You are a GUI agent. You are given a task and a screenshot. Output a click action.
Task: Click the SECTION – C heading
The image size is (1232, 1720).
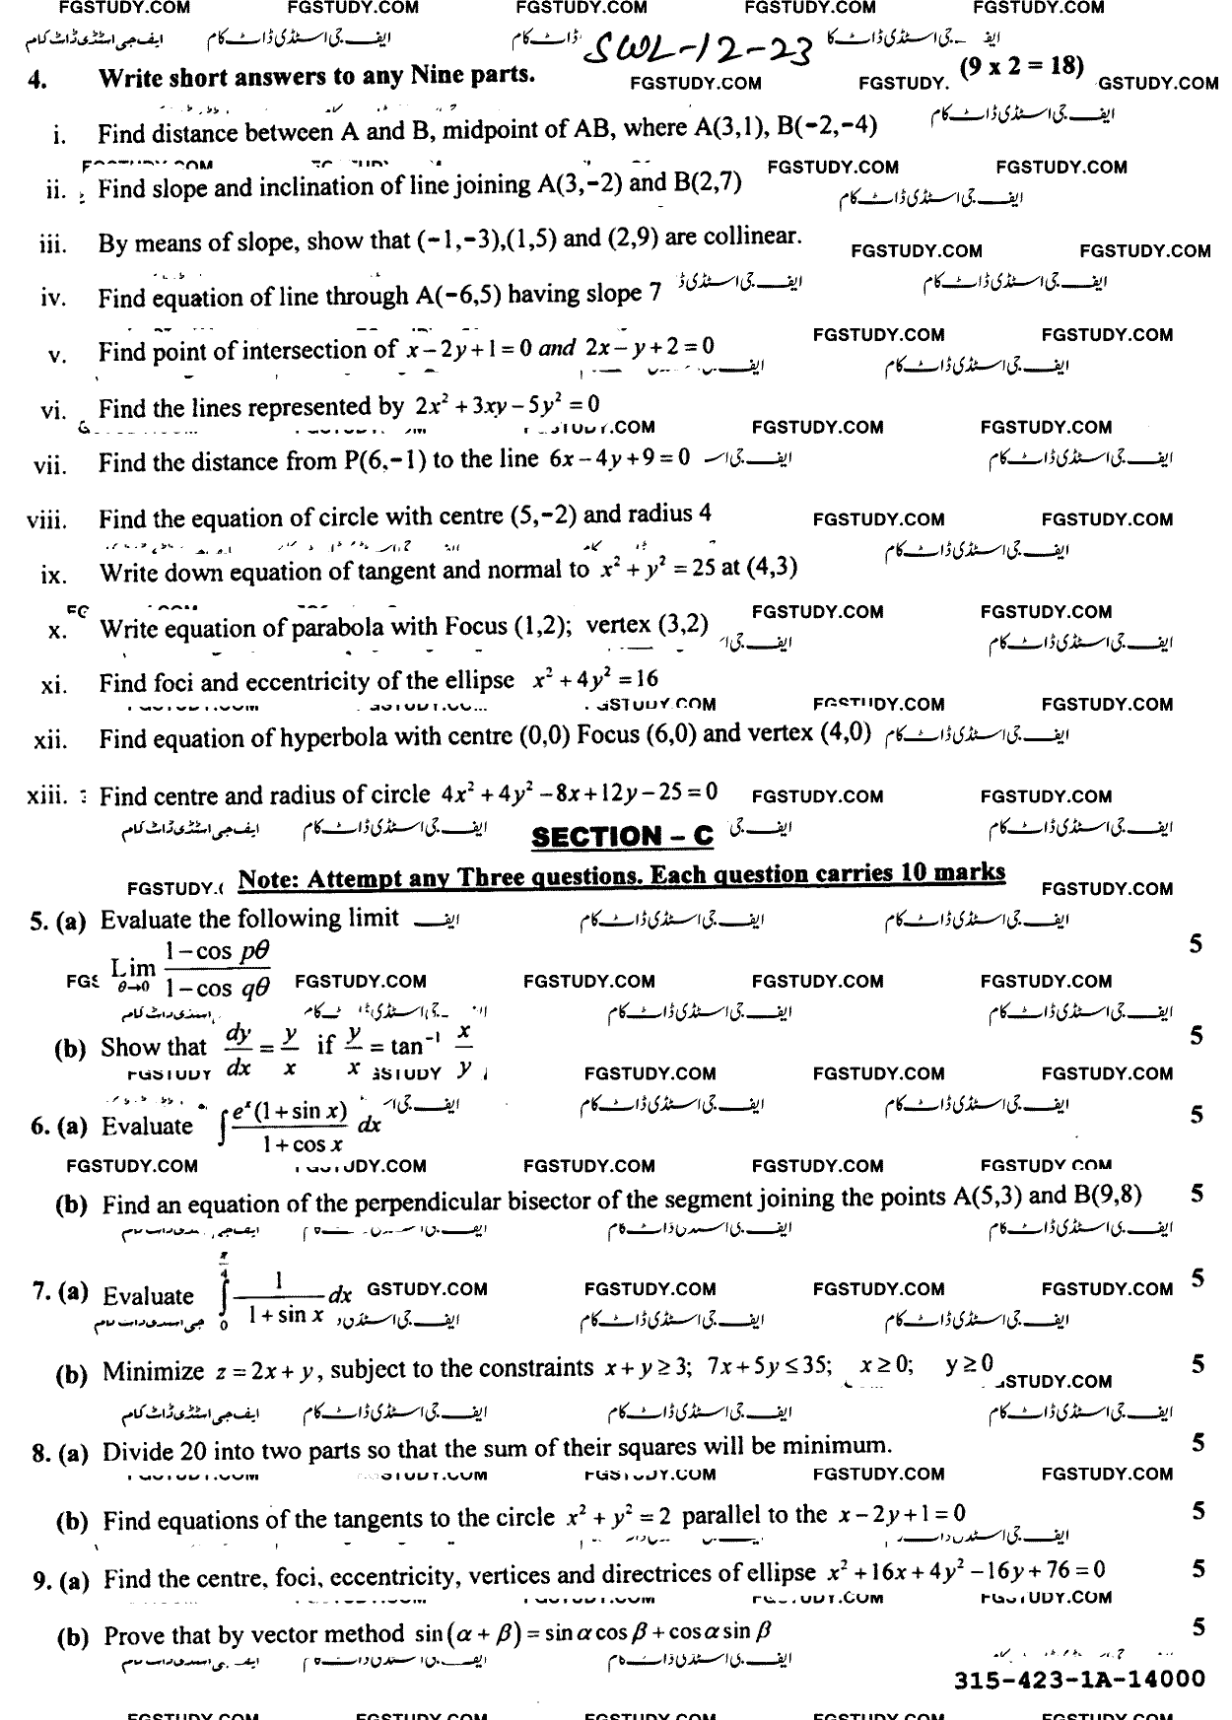621,837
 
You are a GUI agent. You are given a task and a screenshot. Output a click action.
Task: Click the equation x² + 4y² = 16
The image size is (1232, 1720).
594,679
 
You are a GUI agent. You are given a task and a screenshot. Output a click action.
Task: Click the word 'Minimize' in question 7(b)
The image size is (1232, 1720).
153,1371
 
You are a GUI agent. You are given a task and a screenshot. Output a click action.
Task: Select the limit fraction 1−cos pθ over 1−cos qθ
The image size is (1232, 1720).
218,969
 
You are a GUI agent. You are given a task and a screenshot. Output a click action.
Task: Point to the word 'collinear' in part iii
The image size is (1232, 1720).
749,237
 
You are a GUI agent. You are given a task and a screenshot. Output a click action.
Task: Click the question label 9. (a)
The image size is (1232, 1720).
60,1581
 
